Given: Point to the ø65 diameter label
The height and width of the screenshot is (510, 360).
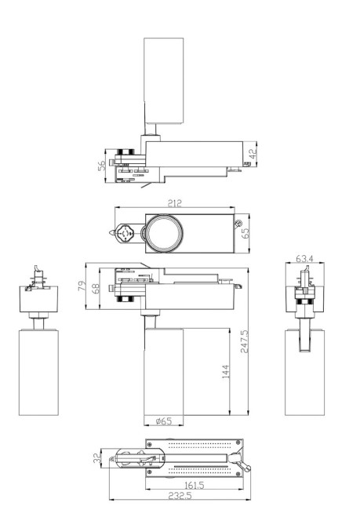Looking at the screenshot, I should (x=163, y=421).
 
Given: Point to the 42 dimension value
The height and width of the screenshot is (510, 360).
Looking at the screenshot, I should (x=253, y=155).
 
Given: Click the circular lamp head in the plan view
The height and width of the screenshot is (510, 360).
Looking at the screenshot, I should (x=162, y=233).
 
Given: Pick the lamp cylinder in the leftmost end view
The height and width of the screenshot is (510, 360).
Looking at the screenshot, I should (x=38, y=373).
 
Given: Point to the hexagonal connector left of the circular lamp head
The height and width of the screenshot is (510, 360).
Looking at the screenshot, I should (x=124, y=232).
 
